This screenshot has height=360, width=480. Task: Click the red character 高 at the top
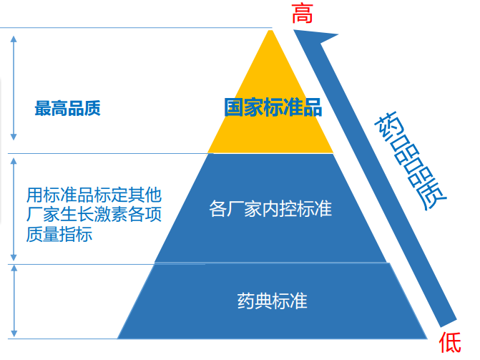coord(302,14)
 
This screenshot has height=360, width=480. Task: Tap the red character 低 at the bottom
coord(450,343)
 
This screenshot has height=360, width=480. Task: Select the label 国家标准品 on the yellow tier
coord(273,107)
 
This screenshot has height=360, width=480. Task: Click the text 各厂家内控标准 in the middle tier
coord(270,209)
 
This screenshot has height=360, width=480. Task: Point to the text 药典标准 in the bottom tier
coord(272,301)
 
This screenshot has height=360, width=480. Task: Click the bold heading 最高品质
coord(68,108)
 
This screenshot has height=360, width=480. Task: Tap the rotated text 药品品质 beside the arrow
coord(411,161)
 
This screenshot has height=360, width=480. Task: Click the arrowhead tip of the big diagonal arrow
coord(295,30)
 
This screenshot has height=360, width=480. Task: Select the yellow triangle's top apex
coord(270,30)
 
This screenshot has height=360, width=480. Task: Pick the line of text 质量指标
coord(59,234)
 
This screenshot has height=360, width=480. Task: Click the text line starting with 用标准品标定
coord(94,195)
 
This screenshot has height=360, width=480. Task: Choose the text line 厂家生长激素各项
coord(94,215)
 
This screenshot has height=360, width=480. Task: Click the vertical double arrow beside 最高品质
coord(14,88)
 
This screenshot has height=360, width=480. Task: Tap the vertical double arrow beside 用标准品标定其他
coord(14,209)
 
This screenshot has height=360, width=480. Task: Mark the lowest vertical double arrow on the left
coord(14,301)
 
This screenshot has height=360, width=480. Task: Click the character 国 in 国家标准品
coord(234,107)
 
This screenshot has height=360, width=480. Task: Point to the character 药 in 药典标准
coord(246,301)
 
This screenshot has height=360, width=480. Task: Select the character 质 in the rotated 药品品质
coord(433,195)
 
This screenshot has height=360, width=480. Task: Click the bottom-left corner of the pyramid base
coord(118,339)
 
